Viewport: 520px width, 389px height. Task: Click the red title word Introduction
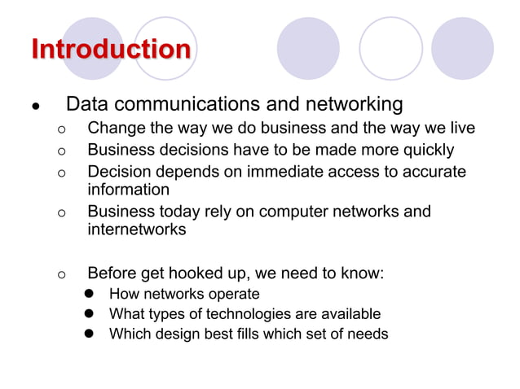111,49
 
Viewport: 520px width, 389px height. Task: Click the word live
460,129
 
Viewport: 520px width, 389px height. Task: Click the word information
129,190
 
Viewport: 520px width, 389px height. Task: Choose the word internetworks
137,229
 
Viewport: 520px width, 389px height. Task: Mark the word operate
233,294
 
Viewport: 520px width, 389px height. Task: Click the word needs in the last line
367,333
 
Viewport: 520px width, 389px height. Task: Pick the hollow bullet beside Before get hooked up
60,274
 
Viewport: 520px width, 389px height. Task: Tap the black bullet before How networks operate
92,294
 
